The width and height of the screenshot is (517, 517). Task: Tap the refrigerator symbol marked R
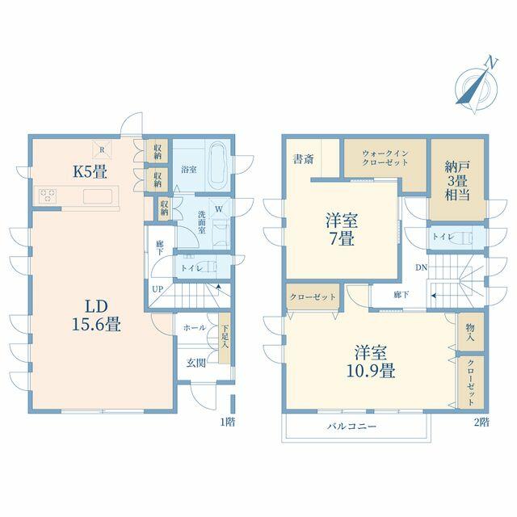[x=102, y=149]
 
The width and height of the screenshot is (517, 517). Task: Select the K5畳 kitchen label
[x=90, y=171]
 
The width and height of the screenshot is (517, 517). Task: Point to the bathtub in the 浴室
[x=218, y=164]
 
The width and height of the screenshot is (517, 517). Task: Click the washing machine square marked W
[x=219, y=209]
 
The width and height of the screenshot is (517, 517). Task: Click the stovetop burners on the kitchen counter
[x=48, y=195]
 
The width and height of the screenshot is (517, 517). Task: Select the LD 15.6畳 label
[x=96, y=316]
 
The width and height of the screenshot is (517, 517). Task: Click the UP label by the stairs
[x=158, y=289]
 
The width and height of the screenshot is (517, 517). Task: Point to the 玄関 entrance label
[x=195, y=363]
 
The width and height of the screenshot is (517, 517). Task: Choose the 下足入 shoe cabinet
[x=225, y=338]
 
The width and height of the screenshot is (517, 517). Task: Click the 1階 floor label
[x=228, y=422]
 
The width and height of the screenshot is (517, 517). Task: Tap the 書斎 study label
[x=304, y=159]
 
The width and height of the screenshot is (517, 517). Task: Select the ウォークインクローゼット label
[x=385, y=158]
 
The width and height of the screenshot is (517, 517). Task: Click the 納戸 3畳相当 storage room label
[x=457, y=181]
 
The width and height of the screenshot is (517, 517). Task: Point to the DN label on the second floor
[x=421, y=267]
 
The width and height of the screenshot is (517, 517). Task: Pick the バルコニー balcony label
[x=352, y=427]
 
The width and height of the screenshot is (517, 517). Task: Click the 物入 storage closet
[x=470, y=332]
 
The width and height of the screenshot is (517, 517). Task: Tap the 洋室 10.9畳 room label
[x=371, y=362]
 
